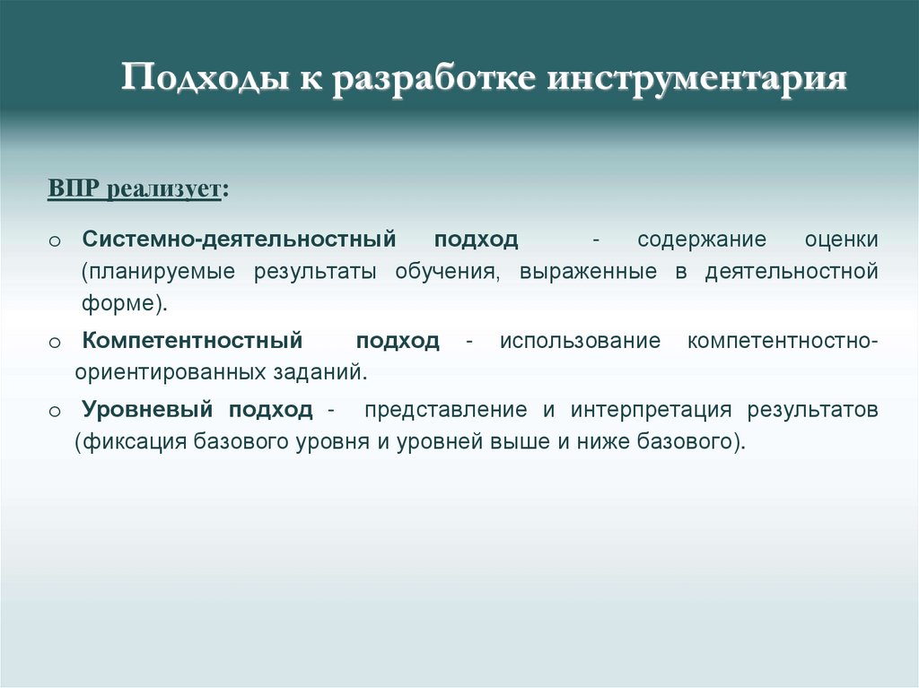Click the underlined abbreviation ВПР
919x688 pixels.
tap(74, 191)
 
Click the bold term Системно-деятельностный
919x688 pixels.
tap(239, 240)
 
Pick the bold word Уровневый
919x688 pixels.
tap(147, 410)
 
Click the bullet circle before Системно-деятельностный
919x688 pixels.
tap(54, 242)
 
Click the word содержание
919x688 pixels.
tap(702, 240)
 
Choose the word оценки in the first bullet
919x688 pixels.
tap(841, 240)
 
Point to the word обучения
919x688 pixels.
tap(446, 272)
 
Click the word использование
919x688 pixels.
tap(580, 342)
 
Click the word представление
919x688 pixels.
tap(445, 410)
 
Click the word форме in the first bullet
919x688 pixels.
tap(118, 303)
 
